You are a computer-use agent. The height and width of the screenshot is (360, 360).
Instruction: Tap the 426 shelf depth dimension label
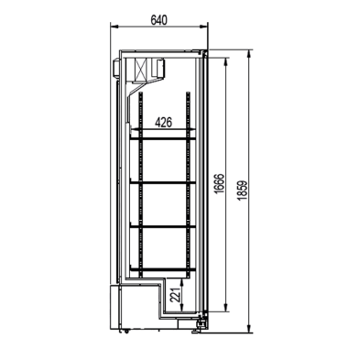click(164, 121)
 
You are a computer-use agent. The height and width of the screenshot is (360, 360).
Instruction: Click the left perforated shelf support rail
click(139, 183)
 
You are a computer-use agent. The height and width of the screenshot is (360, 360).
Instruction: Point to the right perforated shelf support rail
click(189, 183)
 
